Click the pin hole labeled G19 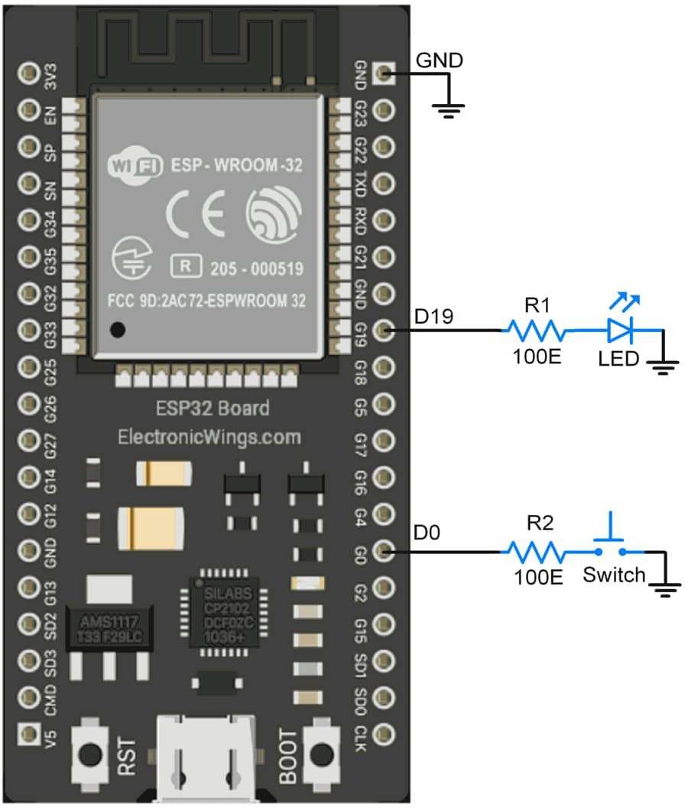[385, 331]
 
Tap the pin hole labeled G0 [385, 551]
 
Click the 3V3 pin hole [29, 73]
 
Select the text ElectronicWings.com [209, 437]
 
